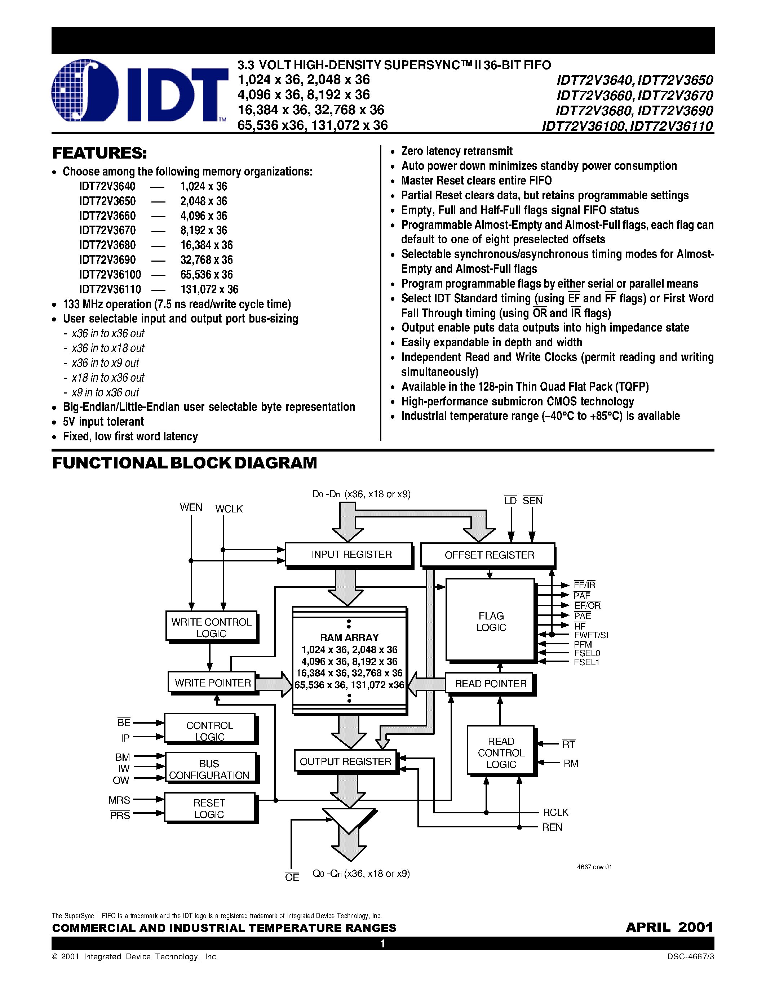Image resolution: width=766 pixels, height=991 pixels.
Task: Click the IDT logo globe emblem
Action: [85, 91]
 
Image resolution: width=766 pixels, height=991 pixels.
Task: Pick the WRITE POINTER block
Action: [212, 683]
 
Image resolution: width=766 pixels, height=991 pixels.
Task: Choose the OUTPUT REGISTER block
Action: [345, 761]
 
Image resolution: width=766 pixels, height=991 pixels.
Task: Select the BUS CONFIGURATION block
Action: [210, 769]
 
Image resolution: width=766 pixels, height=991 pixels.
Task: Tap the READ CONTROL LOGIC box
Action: [501, 752]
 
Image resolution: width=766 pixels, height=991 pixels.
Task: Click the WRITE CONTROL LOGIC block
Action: [211, 627]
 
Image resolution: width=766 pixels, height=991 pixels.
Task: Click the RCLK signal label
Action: [555, 812]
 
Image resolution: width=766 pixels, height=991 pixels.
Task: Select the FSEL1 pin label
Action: [586, 662]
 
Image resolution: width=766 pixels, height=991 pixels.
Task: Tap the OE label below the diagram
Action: [292, 877]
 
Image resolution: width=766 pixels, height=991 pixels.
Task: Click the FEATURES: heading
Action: [99, 154]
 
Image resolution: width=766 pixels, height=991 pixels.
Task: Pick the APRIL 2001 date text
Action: [669, 927]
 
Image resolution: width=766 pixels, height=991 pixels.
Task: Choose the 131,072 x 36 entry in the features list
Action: [209, 289]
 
